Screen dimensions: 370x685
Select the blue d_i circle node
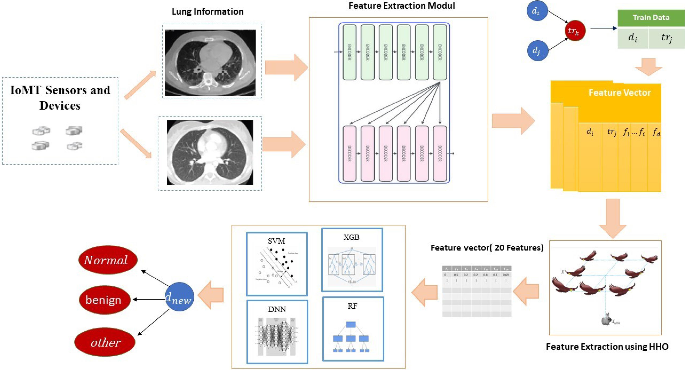537,11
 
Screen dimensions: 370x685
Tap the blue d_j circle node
537,50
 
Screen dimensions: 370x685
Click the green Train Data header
651,18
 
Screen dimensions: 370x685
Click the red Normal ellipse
108,260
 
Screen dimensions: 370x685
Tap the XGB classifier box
352,260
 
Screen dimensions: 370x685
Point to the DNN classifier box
277,331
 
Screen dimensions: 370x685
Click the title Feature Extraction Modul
402,6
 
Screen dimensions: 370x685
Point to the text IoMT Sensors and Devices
60,98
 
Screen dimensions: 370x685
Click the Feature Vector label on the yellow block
619,93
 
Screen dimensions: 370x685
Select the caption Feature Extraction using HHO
607,347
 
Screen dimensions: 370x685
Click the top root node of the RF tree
351,324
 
